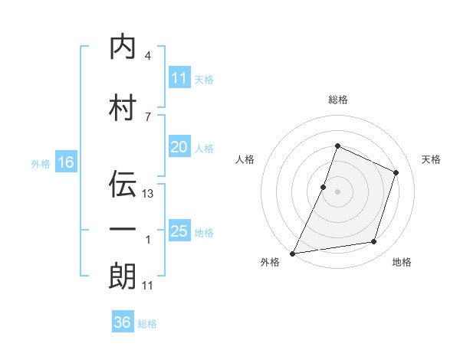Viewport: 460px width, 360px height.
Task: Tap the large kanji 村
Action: (x=123, y=107)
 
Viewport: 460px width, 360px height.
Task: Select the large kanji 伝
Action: (x=123, y=184)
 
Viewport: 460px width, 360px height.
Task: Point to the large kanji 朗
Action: (x=123, y=276)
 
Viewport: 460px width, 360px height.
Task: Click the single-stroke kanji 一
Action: (x=123, y=229)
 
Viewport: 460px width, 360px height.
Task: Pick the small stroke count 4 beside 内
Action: (x=148, y=55)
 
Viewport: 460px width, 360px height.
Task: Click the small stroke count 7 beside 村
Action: (x=148, y=116)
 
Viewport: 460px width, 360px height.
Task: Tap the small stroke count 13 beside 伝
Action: (x=147, y=194)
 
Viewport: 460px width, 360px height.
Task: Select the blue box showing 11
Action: (x=179, y=77)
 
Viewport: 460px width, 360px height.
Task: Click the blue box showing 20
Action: (x=179, y=146)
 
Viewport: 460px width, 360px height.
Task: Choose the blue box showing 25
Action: (x=179, y=230)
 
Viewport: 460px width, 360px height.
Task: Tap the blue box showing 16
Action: (x=66, y=162)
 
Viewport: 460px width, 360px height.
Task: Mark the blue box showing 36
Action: (x=123, y=321)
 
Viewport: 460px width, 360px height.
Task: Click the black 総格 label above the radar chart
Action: (x=338, y=100)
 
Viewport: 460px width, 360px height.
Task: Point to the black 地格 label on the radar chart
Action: (x=402, y=262)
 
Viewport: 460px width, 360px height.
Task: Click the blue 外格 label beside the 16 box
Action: (x=41, y=164)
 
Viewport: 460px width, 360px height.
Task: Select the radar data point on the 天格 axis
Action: (x=396, y=172)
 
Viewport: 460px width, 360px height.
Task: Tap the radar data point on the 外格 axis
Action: (x=292, y=254)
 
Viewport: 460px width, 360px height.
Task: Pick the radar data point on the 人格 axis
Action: (x=323, y=188)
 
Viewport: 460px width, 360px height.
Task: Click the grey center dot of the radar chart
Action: (x=337, y=191)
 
